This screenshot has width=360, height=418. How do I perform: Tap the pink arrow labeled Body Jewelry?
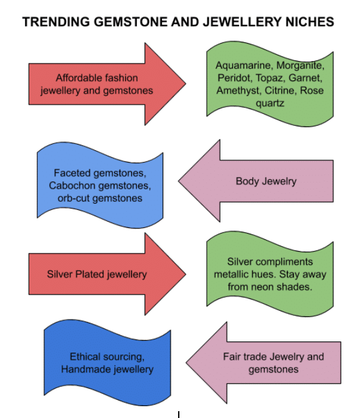pos(262,181)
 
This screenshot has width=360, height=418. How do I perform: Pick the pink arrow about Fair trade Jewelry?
pos(268,363)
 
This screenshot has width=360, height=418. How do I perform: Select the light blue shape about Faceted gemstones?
pos(100,185)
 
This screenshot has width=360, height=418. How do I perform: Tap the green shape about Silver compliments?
pos(270,274)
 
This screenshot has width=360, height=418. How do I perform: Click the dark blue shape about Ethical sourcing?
pos(107,363)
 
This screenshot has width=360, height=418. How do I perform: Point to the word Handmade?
pos(85,369)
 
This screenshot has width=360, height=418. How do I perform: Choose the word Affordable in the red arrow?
pos(79,78)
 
